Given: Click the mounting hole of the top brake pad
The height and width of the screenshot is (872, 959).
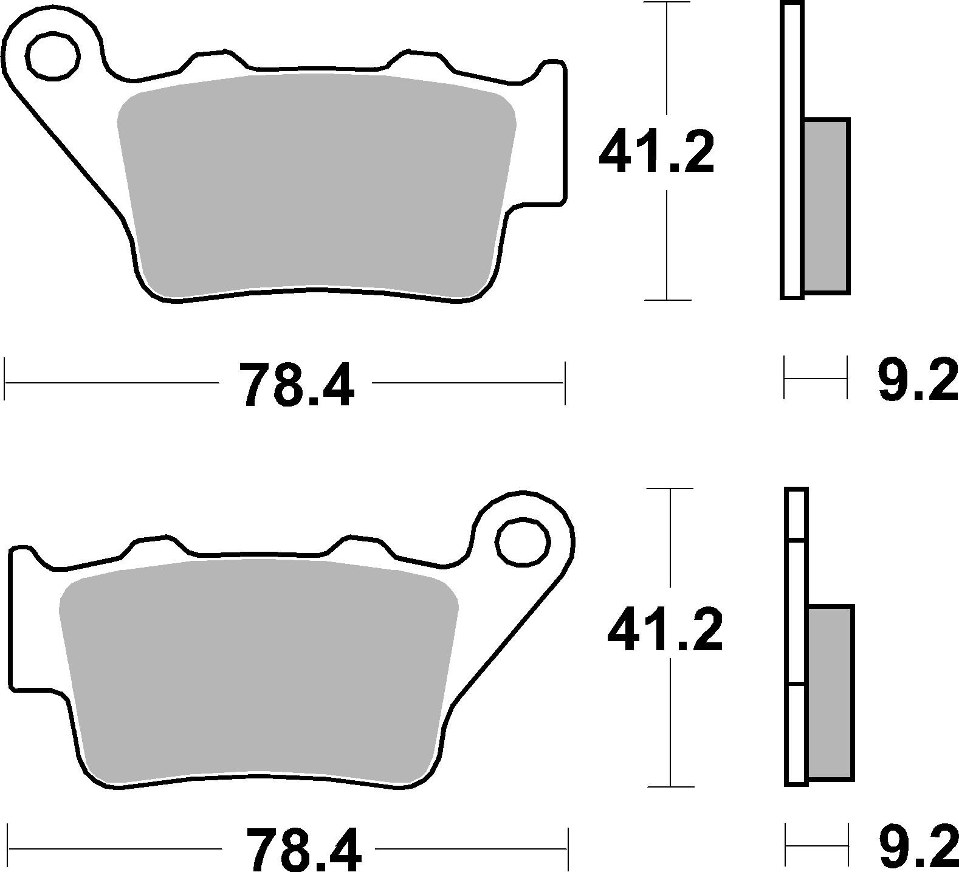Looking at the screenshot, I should (53, 57).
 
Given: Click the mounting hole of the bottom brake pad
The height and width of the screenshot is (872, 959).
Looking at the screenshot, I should (523, 541).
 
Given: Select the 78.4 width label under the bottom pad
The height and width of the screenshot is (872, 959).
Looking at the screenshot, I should (303, 848).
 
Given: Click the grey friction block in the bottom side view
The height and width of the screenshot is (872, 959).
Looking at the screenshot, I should (831, 693).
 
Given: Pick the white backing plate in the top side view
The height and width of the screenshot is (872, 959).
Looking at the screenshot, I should (792, 152).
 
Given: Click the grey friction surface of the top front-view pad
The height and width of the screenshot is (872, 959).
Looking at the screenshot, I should (316, 182).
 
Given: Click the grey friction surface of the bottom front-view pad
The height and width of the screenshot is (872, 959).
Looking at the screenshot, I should (258, 668).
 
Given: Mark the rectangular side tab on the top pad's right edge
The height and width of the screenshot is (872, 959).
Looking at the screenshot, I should (550, 134).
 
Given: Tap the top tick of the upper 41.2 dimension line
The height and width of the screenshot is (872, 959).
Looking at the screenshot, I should (667, 4).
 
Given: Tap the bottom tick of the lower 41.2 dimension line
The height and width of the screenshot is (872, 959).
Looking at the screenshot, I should (670, 786).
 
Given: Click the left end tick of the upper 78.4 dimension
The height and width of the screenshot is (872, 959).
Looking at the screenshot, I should (5, 382).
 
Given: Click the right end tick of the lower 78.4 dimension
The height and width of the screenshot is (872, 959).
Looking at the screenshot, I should (567, 848).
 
